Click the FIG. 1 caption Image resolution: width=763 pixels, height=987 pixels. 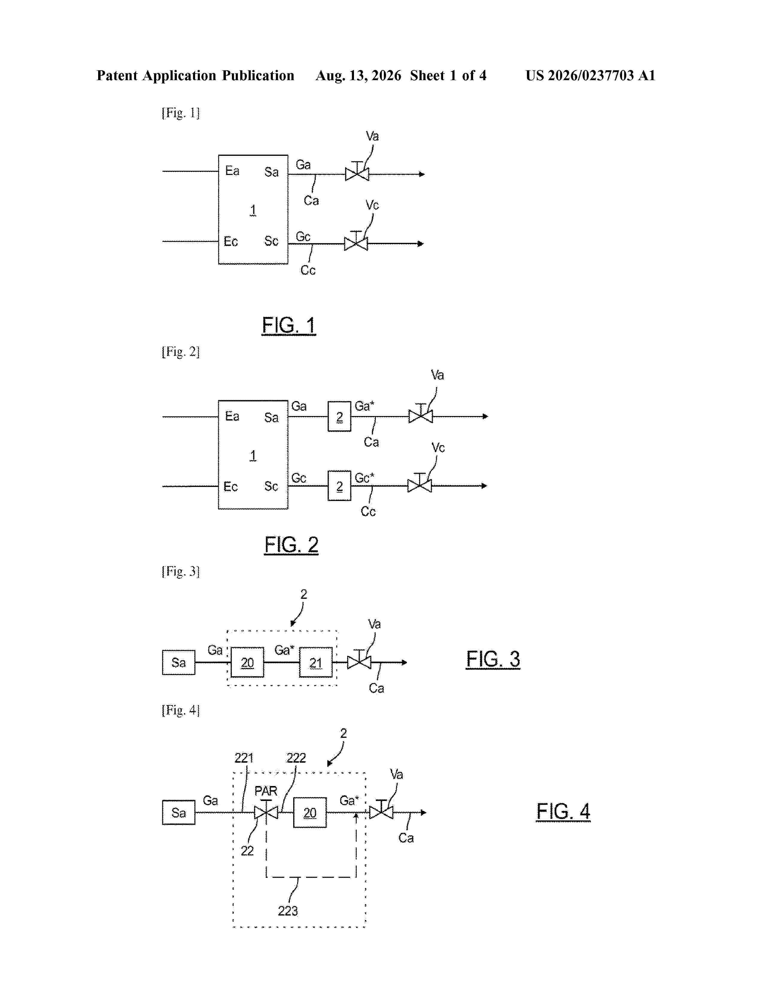click(289, 325)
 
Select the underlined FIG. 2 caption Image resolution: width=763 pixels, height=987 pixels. click(291, 545)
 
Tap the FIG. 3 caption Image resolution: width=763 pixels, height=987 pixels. click(493, 659)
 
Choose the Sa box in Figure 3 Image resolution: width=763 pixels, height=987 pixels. click(179, 662)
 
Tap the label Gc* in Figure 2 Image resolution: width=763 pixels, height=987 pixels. click(364, 478)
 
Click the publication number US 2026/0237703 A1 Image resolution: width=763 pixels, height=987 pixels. click(590, 75)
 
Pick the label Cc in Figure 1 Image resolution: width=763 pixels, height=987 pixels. click(308, 270)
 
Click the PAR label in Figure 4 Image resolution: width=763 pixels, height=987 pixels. click(266, 791)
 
